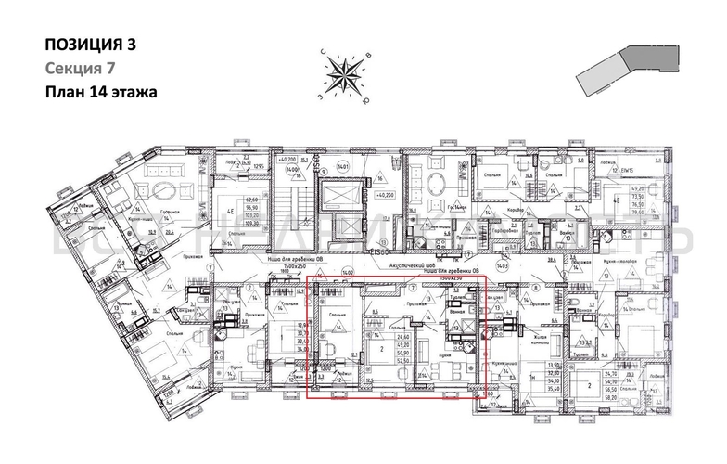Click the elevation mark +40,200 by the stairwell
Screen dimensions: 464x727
[386, 196]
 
